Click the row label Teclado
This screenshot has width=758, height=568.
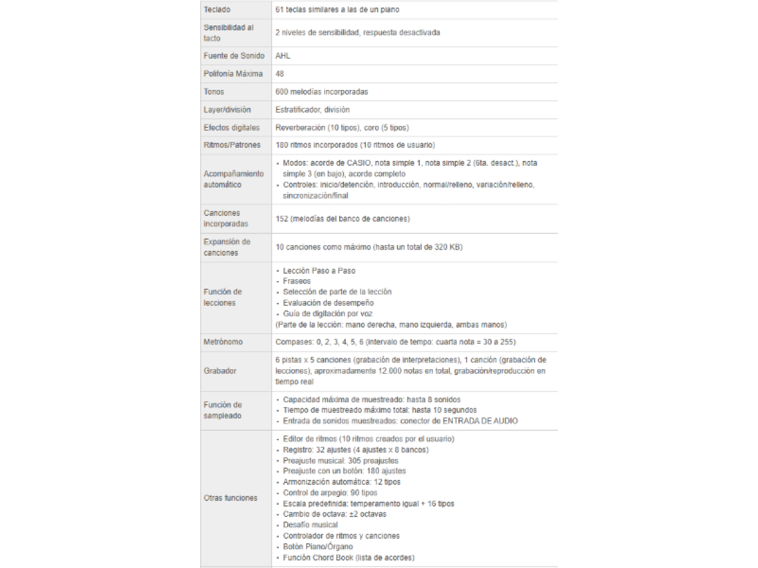tap(217, 9)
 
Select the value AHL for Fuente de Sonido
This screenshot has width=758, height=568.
tap(282, 56)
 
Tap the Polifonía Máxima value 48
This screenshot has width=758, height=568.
tap(280, 74)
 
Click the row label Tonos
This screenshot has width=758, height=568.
tap(214, 92)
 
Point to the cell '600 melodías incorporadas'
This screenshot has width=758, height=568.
tap(322, 92)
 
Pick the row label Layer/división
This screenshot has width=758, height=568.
tap(227, 109)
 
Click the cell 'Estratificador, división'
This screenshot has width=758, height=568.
tap(312, 109)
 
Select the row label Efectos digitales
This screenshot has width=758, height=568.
tap(232, 127)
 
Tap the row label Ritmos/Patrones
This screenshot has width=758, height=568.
tap(232, 145)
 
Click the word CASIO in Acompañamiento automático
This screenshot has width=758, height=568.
tap(359, 163)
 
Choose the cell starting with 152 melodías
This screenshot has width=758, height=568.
tap(342, 219)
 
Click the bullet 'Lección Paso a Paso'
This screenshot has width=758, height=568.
tap(319, 270)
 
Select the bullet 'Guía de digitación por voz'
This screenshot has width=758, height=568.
tap(327, 314)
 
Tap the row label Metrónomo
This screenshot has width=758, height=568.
tap(223, 342)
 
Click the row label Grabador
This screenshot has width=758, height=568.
tap(220, 371)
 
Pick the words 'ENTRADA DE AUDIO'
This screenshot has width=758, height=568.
tap(480, 421)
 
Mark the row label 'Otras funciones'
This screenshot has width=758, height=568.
tap(230, 498)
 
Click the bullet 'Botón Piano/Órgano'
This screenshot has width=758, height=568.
tap(317, 547)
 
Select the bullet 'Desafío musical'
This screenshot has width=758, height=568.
tap(310, 525)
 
